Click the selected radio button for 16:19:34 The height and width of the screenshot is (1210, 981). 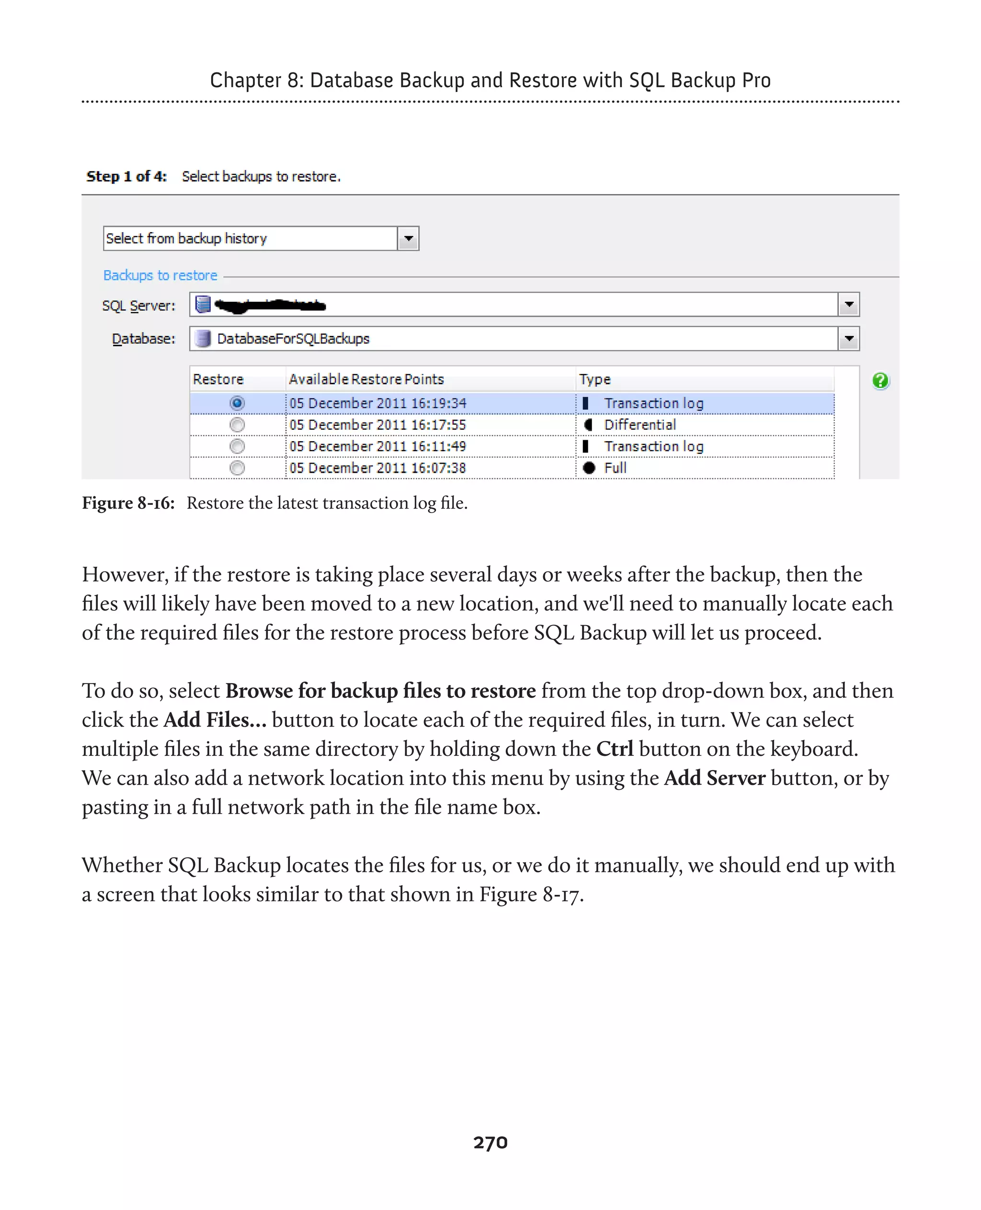(x=237, y=403)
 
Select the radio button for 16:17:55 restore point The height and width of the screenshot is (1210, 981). (x=237, y=424)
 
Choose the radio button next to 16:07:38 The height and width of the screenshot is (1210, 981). (x=237, y=468)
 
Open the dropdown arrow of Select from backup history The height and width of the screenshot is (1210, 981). (x=408, y=239)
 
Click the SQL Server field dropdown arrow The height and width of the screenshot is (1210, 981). (x=848, y=305)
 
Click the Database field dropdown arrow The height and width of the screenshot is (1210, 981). (x=848, y=339)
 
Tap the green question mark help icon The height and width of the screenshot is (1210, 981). (x=880, y=380)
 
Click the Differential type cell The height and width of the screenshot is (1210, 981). (x=639, y=424)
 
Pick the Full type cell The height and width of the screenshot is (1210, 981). (x=615, y=468)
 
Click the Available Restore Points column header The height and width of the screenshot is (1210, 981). (x=366, y=379)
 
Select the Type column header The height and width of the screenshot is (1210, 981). (x=594, y=379)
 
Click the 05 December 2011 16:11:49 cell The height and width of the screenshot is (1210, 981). (x=377, y=446)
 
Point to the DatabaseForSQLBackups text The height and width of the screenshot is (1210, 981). (x=293, y=339)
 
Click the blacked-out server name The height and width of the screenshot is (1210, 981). (x=270, y=306)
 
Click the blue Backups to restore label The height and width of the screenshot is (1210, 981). (x=160, y=275)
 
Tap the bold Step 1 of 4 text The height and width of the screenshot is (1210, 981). (x=126, y=176)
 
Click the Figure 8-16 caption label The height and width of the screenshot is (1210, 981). (x=128, y=502)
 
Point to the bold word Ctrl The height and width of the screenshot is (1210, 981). (x=615, y=749)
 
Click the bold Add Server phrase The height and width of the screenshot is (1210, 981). (x=715, y=778)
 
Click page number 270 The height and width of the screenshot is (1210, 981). (x=490, y=1142)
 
